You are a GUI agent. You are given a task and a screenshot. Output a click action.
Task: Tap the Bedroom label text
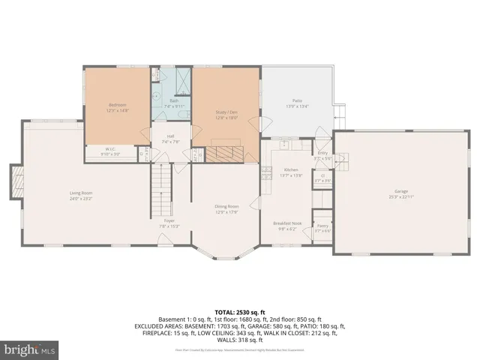click(118, 104)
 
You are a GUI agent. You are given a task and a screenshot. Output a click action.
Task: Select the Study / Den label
click(226, 112)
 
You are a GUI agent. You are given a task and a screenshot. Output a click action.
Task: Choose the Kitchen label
click(291, 170)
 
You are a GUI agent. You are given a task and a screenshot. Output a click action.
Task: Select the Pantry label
click(322, 225)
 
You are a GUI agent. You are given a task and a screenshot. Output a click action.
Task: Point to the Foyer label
click(169, 220)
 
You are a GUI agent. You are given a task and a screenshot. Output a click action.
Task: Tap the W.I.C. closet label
click(109, 149)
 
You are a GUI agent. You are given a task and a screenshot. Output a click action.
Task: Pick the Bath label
click(173, 101)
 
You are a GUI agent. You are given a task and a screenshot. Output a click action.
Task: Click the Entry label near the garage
click(322, 152)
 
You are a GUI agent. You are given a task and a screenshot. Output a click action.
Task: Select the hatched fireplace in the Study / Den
click(224, 154)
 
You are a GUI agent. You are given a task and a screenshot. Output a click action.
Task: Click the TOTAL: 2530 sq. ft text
click(240, 311)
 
